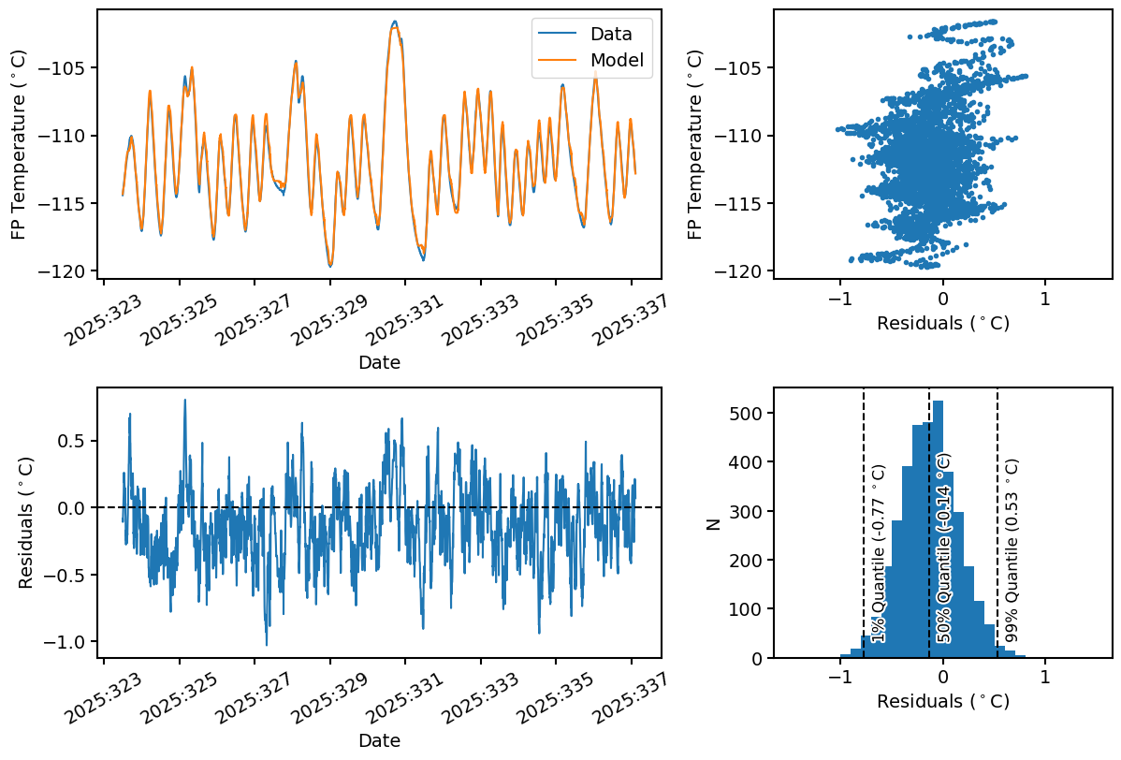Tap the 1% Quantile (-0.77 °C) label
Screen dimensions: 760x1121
[x=878, y=553]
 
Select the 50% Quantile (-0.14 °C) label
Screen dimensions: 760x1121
[x=943, y=548]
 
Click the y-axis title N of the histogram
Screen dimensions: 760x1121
[x=714, y=524]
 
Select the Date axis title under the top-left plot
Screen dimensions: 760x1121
[x=379, y=362]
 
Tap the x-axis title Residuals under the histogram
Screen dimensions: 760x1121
[x=943, y=700]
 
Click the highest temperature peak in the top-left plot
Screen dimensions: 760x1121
[x=395, y=22]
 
